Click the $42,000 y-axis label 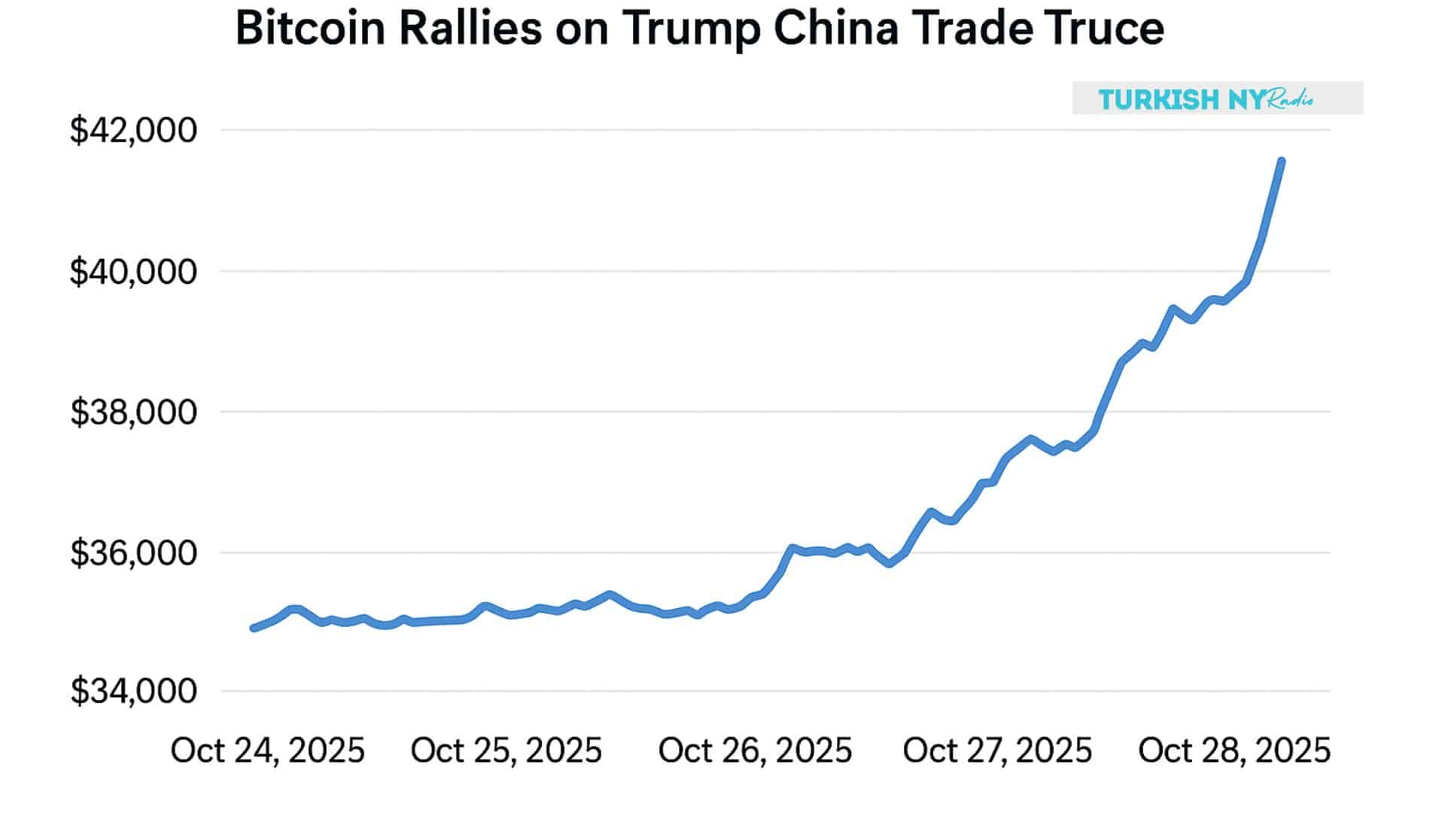133,130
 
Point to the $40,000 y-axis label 133,271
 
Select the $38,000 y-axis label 133,413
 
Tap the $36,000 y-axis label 133,553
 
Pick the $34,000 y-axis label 133,691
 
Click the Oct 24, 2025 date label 267,751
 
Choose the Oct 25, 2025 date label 506,751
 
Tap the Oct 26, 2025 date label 755,751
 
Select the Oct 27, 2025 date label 997,751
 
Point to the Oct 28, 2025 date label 1234,751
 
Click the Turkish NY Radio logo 1217,99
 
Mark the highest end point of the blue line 1281,161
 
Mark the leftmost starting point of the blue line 254,628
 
